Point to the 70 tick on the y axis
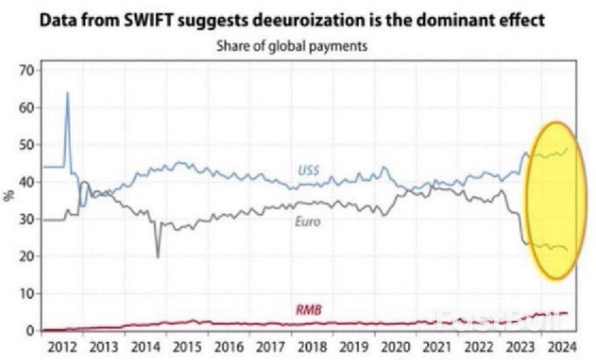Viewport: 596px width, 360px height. [x=25, y=70]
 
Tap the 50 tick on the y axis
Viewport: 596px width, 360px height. [x=25, y=145]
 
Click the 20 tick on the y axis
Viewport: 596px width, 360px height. [x=25, y=256]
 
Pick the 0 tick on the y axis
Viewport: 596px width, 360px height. [x=29, y=330]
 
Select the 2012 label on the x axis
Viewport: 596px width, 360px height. [x=62, y=346]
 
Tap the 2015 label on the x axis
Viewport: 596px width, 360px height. [x=188, y=346]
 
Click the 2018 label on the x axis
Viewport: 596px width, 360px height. [x=313, y=346]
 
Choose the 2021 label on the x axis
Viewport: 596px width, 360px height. [x=437, y=346]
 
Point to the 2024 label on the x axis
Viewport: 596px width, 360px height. [x=562, y=346]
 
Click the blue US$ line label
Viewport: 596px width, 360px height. [x=308, y=170]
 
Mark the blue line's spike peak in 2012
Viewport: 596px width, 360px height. [x=67, y=93]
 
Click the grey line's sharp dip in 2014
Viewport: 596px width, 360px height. [x=158, y=257]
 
